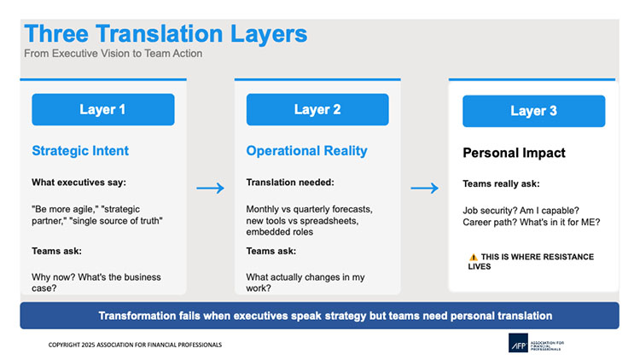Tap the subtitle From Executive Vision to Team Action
(113, 54)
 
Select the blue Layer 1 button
(102, 109)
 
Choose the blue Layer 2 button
(317, 109)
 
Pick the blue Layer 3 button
(533, 111)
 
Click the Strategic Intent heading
(80, 151)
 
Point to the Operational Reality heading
(306, 151)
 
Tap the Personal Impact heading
(514, 154)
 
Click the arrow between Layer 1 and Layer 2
(210, 188)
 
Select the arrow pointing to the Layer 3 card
(424, 188)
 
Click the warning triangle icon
(473, 257)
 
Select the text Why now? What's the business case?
(96, 283)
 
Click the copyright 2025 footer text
(135, 345)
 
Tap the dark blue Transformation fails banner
(319, 315)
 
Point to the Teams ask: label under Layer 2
(271, 251)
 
